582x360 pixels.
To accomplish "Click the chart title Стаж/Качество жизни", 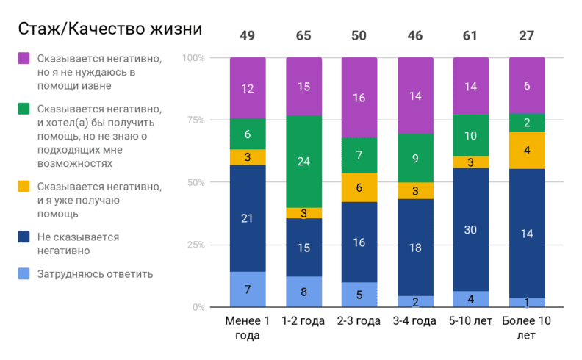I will tap(109, 29).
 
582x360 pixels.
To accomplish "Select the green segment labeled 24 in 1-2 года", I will tap(303, 162).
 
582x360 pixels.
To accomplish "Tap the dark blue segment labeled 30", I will tap(471, 230).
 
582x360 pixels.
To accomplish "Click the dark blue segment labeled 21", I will tap(248, 217).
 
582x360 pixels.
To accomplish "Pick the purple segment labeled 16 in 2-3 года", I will tap(359, 98).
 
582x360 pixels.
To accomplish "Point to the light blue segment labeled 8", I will tap(303, 292).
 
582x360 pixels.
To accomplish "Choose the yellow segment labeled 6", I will tap(359, 187).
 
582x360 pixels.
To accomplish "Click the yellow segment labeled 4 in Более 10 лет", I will tap(527, 151).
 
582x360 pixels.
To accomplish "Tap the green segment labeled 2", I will tap(527, 123).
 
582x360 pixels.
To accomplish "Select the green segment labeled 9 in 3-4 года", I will tap(415, 158).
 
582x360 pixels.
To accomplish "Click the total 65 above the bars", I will tap(303, 36).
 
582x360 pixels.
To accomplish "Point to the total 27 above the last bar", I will tap(527, 36).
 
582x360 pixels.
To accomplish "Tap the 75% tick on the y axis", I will tap(196, 120).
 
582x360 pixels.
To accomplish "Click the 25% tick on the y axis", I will tap(196, 245).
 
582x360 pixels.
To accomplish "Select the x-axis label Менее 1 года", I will tap(248, 328).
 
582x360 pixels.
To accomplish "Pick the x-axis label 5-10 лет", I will tap(471, 322).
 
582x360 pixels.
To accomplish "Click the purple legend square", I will tap(24, 57).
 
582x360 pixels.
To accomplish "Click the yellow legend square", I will tap(24, 187).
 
